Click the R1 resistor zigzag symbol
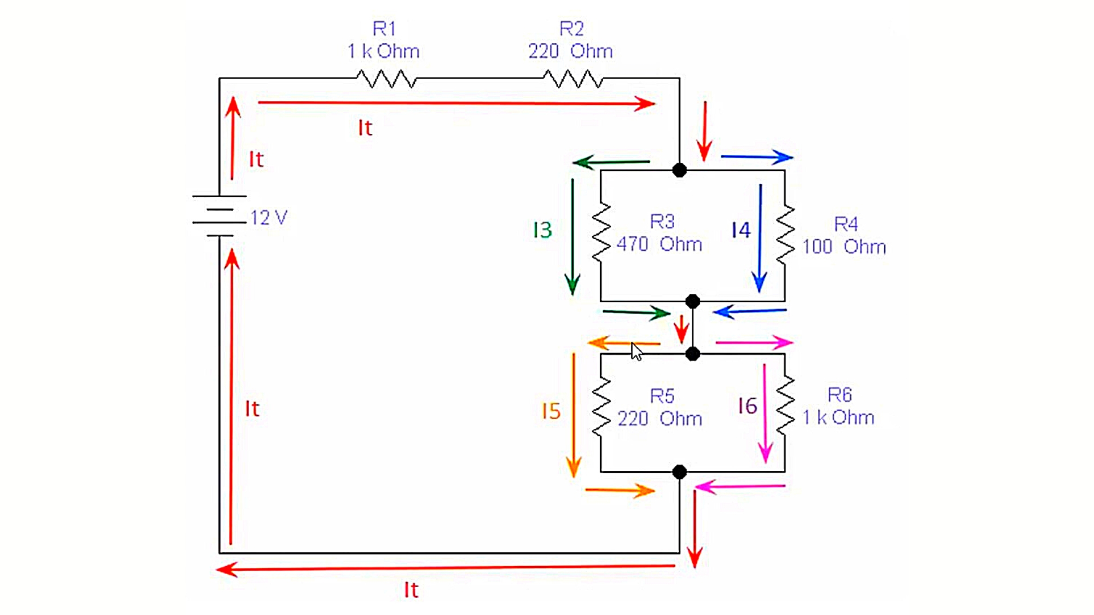386,79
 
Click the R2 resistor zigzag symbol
573,79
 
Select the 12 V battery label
269,218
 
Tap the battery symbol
219,216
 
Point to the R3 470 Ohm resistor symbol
601,232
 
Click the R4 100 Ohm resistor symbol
785,235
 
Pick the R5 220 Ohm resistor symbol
601,407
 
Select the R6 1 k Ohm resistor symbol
785,405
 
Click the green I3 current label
542,230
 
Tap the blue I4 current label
741,230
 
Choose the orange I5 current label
551,411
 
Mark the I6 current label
747,406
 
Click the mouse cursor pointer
636,352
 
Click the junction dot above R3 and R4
679,170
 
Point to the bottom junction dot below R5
679,472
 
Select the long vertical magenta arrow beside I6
765,413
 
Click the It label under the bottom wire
411,590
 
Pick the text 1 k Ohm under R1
383,51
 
